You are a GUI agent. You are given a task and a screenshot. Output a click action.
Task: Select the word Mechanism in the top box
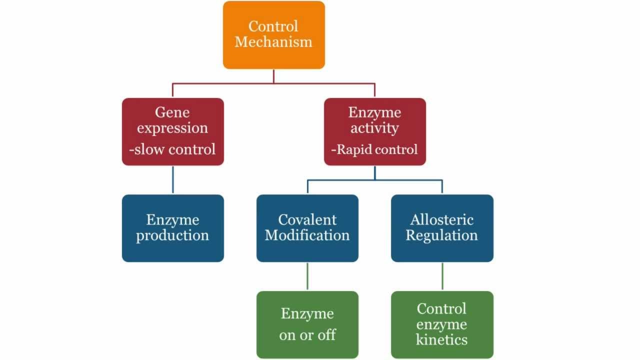(x=273, y=42)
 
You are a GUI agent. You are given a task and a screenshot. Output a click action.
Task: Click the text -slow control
(x=172, y=149)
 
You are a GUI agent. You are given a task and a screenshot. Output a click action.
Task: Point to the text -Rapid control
(x=374, y=149)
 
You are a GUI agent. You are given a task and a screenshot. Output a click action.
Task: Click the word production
(x=172, y=235)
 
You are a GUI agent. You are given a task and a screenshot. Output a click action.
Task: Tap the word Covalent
(x=307, y=219)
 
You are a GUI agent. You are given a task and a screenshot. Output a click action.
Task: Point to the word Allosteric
(x=442, y=219)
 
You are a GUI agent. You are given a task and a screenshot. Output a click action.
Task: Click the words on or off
(x=307, y=334)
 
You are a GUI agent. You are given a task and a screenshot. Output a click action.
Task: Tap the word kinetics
(x=442, y=340)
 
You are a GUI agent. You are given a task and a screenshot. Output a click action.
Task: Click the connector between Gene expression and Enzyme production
(x=173, y=179)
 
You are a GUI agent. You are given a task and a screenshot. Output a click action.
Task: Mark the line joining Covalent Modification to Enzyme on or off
(x=307, y=276)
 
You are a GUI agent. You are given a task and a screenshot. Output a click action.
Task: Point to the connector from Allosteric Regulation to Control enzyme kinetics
(x=442, y=276)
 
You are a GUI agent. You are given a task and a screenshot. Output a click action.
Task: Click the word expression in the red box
(x=172, y=128)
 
